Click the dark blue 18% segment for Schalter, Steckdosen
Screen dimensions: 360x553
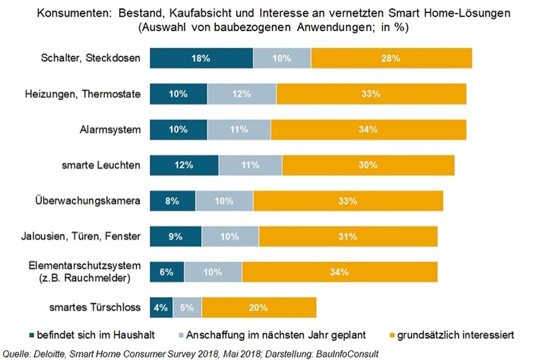point(201,58)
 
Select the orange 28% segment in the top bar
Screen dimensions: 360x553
point(391,58)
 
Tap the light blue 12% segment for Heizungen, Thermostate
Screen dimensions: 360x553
point(242,93)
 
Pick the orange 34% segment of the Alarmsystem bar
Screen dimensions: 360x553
point(368,129)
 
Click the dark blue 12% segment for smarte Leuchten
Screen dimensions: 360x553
point(184,165)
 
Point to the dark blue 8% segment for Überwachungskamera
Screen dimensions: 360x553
point(172,201)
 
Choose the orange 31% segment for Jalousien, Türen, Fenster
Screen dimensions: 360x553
point(349,236)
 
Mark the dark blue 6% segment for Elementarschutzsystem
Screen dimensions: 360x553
point(167,272)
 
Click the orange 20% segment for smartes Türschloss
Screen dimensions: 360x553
point(258,308)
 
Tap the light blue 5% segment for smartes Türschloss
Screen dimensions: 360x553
point(187,308)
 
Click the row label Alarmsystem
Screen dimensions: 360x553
point(112,129)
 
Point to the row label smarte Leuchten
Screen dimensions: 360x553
point(104,165)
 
